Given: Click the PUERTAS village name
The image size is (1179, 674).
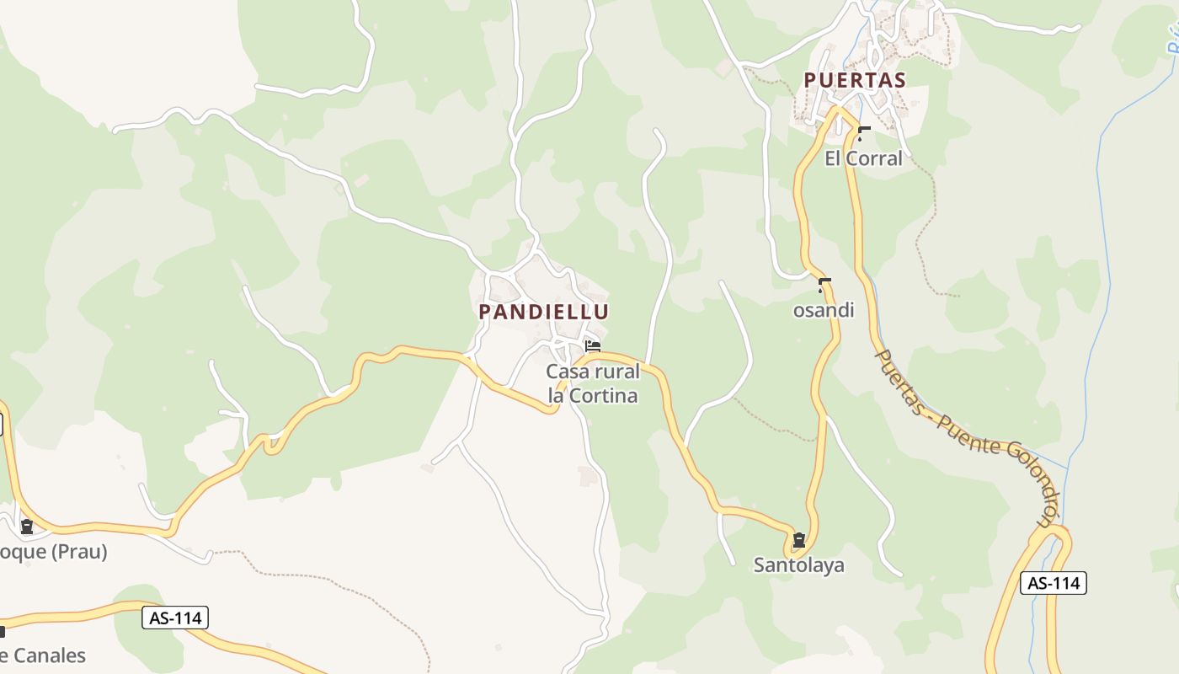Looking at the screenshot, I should (854, 81).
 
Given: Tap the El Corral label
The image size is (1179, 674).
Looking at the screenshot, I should (863, 158).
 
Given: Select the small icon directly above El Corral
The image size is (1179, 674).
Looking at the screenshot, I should (863, 132).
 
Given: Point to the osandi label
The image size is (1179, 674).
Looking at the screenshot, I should (824, 310).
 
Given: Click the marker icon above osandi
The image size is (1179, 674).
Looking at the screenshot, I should (824, 285).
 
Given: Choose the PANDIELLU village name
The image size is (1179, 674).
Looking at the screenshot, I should (543, 312).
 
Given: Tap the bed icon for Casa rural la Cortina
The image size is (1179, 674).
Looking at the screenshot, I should (593, 345).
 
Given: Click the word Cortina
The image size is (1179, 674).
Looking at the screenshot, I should (604, 395).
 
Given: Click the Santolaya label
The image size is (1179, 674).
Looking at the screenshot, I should (798, 564).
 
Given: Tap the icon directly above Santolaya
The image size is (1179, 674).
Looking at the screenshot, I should (798, 539).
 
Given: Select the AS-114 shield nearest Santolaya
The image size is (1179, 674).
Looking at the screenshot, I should (1053, 583).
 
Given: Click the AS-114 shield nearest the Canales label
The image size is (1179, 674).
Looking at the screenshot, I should (174, 618).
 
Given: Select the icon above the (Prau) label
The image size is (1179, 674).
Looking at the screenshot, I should (27, 527).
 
